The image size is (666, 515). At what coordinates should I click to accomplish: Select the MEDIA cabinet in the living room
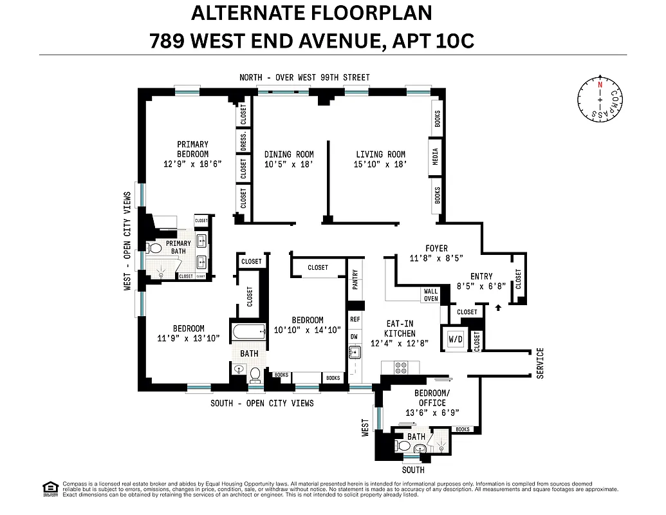(436, 156)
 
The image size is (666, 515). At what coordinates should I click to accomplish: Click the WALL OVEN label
(430, 295)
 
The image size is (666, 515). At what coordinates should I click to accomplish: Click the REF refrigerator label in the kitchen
(355, 319)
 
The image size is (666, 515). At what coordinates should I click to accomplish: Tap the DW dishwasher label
(355, 336)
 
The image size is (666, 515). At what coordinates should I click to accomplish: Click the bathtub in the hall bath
(248, 333)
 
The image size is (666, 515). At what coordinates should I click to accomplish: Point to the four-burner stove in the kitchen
(400, 368)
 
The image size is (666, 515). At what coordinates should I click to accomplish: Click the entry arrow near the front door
(498, 308)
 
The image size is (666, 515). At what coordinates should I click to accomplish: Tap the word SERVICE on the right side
(540, 363)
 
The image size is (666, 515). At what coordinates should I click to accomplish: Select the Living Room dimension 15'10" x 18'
(381, 165)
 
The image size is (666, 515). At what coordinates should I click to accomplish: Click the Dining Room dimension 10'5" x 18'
(289, 165)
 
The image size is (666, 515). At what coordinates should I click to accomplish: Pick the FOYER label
(436, 248)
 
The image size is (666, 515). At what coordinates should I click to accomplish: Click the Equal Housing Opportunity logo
(50, 489)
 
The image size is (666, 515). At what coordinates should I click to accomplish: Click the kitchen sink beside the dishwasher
(355, 352)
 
